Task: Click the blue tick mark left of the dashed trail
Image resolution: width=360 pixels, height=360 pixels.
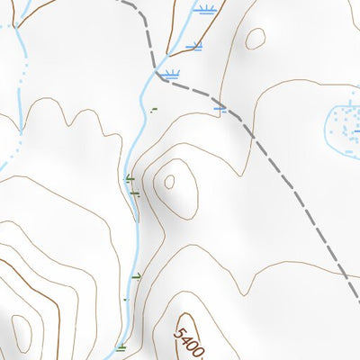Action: pyautogui.click(x=220, y=107)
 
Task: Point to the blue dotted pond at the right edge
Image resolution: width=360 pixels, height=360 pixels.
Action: pyautogui.click(x=343, y=125)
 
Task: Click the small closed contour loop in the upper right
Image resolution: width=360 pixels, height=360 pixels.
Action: pyautogui.click(x=256, y=38)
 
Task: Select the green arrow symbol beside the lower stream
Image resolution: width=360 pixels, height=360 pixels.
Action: pyautogui.click(x=137, y=276)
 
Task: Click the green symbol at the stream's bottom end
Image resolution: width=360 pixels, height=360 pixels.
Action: pyautogui.click(x=121, y=346)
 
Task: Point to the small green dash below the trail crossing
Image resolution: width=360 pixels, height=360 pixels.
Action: pyautogui.click(x=153, y=111)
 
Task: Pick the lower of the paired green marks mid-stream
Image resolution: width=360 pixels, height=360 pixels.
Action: pyautogui.click(x=136, y=191)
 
